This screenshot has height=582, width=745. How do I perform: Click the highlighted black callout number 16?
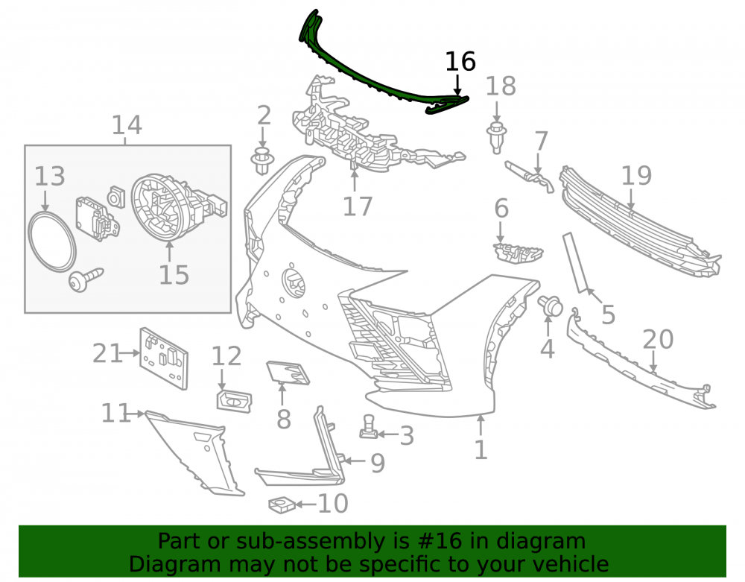click(460, 61)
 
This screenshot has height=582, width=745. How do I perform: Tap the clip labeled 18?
click(496, 138)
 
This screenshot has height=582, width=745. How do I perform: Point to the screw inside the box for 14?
click(86, 279)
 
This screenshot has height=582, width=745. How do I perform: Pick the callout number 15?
click(174, 275)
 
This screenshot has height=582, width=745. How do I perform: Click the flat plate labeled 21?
click(164, 358)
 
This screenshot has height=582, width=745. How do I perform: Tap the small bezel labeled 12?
click(234, 401)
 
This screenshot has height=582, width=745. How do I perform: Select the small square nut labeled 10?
click(282, 505)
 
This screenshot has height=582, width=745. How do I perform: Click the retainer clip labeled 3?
click(368, 427)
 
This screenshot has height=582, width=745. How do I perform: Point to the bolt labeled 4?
click(550, 305)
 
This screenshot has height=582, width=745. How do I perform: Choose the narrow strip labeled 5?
click(575, 263)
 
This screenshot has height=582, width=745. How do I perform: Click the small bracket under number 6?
click(517, 252)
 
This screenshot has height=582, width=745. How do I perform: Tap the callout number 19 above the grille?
click(636, 175)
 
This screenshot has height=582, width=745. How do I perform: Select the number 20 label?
click(658, 339)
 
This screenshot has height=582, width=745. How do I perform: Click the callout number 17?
click(358, 206)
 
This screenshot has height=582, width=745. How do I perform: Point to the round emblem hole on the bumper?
click(294, 283)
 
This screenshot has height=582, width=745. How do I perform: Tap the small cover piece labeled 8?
click(288, 372)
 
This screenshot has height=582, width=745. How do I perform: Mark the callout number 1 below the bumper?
click(481, 449)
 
